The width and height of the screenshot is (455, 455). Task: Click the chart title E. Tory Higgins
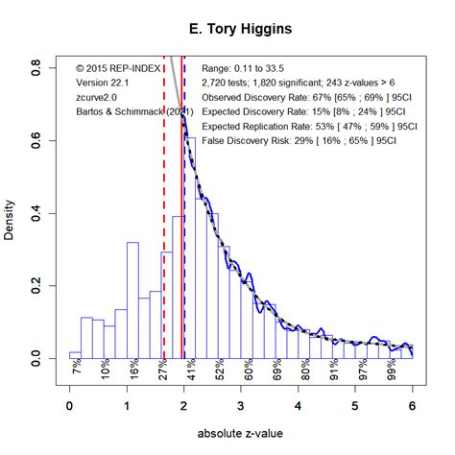coord(240,30)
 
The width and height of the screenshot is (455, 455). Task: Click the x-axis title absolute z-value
coord(240,434)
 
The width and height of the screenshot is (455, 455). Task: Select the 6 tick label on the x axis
coord(413,406)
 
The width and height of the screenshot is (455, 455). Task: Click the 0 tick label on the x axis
coord(69,406)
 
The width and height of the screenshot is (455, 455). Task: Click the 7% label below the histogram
coord(76,368)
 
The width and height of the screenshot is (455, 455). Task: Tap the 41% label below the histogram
coord(190,368)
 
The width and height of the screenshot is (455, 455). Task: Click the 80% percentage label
coord(304,368)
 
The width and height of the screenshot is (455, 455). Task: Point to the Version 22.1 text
coord(102,84)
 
